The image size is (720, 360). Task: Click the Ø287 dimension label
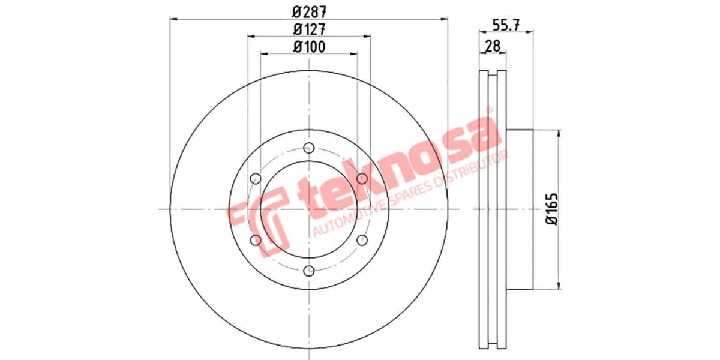coord(309,10)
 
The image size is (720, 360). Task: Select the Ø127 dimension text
coord(309,28)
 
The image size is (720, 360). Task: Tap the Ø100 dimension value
coord(309,46)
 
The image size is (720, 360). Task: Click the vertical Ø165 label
coord(552,209)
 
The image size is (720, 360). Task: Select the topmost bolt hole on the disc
coord(309,148)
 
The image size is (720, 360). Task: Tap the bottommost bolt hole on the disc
coord(309,271)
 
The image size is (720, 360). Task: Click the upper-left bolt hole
coord(256,179)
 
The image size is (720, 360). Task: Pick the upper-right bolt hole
coord(362,179)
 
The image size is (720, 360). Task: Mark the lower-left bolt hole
coord(256,240)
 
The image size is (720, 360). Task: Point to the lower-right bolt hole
coord(362,240)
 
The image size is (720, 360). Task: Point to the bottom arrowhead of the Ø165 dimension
coord(559,286)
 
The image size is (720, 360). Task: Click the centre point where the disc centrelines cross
coord(309,209)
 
